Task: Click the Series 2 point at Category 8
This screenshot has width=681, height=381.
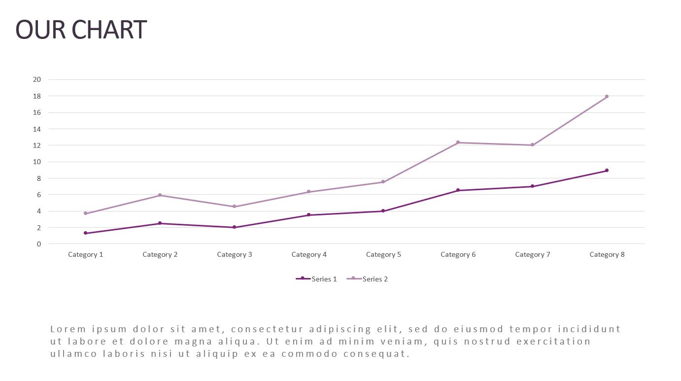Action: pos(607,97)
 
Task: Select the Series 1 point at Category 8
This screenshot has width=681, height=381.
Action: pos(607,171)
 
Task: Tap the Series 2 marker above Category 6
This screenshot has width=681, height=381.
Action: pos(458,142)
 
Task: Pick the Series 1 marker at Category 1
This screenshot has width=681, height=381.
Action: pos(85,233)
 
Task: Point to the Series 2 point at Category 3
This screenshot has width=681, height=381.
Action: pos(234,207)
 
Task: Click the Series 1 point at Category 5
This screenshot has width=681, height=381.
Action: pos(383,211)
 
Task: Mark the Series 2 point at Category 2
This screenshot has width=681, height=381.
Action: pos(160,195)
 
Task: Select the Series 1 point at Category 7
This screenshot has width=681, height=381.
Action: pos(532,186)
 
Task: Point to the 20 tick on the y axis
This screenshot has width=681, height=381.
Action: pos(37,79)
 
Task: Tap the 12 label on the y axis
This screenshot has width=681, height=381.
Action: pos(37,145)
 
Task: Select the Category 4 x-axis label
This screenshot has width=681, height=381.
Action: pos(309,255)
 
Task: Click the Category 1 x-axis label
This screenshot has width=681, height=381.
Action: pos(85,255)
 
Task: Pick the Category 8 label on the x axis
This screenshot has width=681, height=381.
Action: pos(607,255)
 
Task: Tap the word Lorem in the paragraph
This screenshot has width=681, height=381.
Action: pos(68,329)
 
